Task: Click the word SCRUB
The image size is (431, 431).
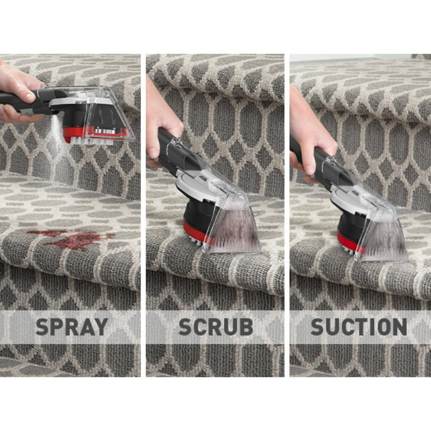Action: coord(216,327)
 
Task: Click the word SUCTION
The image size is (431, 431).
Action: coord(359,327)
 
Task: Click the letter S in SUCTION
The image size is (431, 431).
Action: coord(318,327)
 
